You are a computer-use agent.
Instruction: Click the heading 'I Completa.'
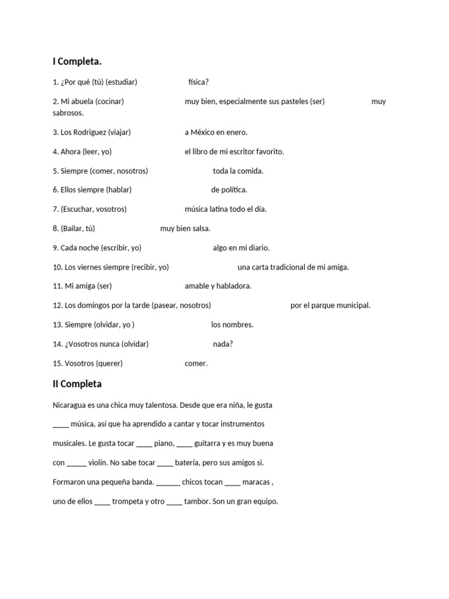[77, 61]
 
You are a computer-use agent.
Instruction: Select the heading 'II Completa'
[77, 384]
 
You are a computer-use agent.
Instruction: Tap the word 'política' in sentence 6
[234, 190]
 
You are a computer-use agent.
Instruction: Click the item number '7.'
[56, 209]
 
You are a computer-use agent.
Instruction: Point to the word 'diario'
[258, 247]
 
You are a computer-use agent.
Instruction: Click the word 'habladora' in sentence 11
[234, 286]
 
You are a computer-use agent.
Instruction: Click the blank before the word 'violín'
[77, 463]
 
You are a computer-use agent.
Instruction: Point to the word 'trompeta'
[129, 502]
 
